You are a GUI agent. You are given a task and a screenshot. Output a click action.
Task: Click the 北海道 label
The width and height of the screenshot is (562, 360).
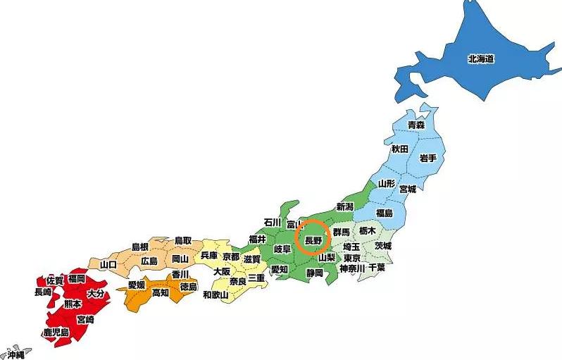480,59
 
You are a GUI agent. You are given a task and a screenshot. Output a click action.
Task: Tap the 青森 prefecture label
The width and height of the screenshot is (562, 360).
416,125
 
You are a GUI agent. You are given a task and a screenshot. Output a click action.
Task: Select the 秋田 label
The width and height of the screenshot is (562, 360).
399,149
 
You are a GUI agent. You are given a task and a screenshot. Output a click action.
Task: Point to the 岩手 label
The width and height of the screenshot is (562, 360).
427,156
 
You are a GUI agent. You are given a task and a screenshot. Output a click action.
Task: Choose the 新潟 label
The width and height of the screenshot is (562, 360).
344,206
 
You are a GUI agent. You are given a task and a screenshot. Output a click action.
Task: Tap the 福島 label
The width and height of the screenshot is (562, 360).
384,213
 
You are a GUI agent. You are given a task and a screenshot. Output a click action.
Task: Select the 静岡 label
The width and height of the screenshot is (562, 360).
314,272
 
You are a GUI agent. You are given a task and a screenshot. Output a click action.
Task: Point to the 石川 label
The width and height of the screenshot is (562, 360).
272,222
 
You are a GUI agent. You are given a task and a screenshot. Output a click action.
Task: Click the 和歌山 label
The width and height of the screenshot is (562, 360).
215,294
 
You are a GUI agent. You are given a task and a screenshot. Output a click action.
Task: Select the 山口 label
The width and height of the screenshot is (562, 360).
108,264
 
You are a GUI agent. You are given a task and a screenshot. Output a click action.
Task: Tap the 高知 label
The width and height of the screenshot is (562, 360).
160,292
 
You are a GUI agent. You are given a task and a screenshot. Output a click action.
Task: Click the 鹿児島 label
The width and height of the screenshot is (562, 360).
55,332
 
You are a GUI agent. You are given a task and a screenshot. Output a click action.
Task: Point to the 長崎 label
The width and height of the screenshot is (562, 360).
42,292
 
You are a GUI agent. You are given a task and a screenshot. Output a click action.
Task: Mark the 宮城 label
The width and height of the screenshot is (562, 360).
407,189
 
